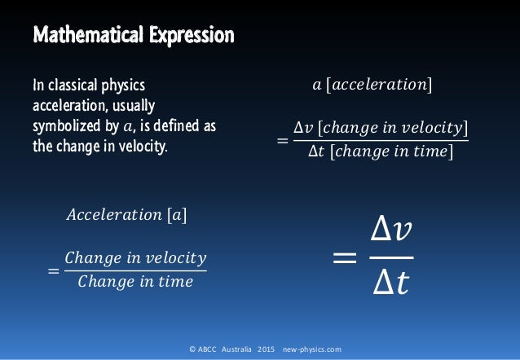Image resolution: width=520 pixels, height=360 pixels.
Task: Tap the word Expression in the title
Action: [x=186, y=37]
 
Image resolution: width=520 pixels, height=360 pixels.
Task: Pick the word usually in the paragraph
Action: [x=134, y=105]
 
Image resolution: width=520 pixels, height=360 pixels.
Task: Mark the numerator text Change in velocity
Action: [x=135, y=258]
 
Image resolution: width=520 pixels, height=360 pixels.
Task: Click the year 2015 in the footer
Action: [x=267, y=349]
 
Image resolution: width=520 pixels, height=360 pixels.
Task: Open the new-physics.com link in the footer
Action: [x=312, y=349]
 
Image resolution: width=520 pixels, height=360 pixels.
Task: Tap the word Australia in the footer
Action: [x=233, y=349]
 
